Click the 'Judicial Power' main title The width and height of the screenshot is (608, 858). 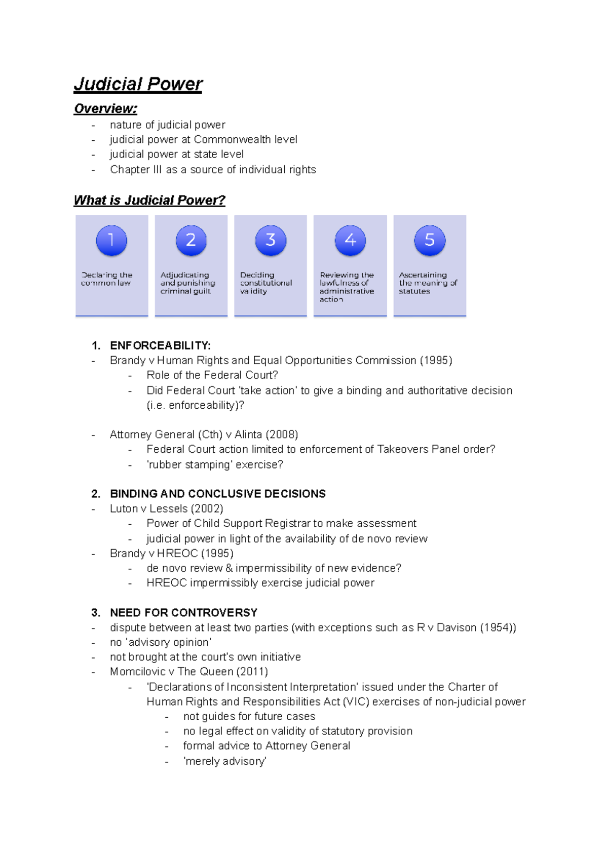pyautogui.click(x=138, y=84)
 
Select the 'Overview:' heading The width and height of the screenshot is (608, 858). pyautogui.click(x=105, y=109)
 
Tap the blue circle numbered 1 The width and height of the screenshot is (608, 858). pyautogui.click(x=111, y=241)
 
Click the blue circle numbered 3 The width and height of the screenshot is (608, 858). pyautogui.click(x=271, y=241)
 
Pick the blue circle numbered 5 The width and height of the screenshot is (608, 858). pyautogui.click(x=430, y=241)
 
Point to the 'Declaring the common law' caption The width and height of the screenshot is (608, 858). pyautogui.click(x=106, y=279)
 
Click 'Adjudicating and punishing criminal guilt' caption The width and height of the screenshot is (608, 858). pyautogui.click(x=187, y=283)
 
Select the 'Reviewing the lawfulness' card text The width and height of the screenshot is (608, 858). pyautogui.click(x=347, y=287)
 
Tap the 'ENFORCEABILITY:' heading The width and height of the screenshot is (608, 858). pyautogui.click(x=160, y=346)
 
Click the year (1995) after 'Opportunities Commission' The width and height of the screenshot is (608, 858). pyautogui.click(x=436, y=361)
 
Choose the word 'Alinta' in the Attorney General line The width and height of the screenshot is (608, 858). pyautogui.click(x=248, y=435)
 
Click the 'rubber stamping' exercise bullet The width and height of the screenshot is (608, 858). pyautogui.click(x=214, y=465)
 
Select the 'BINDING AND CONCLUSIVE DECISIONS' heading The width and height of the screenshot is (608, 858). pyautogui.click(x=217, y=494)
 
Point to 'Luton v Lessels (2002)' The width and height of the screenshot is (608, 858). pyautogui.click(x=166, y=509)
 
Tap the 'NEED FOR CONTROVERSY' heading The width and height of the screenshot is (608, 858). pyautogui.click(x=183, y=613)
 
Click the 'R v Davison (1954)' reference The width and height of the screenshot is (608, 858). pyautogui.click(x=465, y=628)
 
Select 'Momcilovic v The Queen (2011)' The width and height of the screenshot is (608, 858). pyautogui.click(x=188, y=672)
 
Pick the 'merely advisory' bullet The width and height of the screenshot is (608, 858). pyautogui.click(x=224, y=761)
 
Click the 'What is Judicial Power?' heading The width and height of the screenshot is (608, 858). pyautogui.click(x=149, y=201)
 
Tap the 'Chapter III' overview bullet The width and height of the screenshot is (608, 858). pyautogui.click(x=213, y=170)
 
